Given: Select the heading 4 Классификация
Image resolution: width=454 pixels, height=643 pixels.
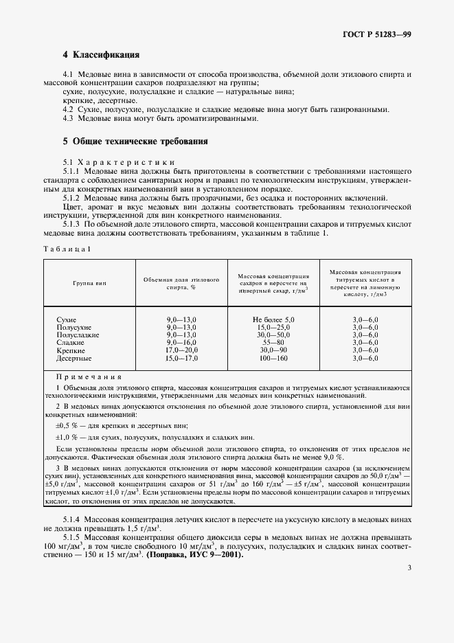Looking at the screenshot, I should [x=101, y=54].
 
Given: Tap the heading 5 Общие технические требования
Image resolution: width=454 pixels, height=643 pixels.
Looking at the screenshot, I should [x=135, y=141].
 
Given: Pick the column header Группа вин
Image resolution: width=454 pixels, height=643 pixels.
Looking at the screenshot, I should [x=90, y=283].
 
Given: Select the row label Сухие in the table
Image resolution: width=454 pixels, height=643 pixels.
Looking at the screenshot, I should [x=67, y=320].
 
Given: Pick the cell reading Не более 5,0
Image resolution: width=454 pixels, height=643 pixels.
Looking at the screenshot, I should [x=273, y=320].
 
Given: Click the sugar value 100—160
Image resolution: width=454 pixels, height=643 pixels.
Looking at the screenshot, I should [x=273, y=359].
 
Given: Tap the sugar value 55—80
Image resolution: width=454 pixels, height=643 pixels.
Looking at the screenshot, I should [x=273, y=343].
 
